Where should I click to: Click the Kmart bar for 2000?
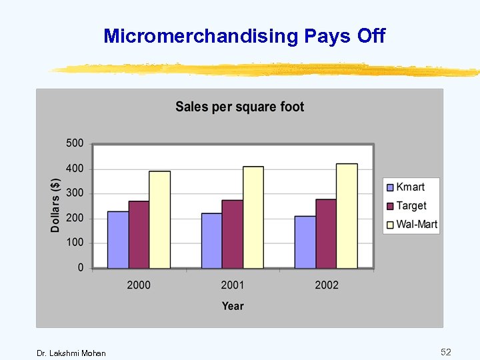pos(118,240)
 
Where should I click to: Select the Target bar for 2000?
pos(139,235)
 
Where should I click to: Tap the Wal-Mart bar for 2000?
pos(159,220)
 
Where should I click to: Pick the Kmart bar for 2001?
pos(212,241)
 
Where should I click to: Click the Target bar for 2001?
pos(233,234)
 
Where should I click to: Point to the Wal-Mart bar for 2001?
pos(253,217)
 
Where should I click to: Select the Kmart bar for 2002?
pos(305,242)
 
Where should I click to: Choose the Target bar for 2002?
pos(326,233)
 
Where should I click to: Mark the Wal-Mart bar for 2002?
pos(347,216)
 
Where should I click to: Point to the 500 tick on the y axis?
pos(75,143)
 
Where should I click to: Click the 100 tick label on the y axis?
pos(75,243)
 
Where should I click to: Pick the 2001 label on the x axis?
pos(233,285)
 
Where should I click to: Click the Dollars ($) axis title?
pos(56,205)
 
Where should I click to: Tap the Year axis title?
pos(233,306)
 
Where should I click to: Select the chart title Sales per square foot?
pos(239,107)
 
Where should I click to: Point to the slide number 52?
pos(445,351)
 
